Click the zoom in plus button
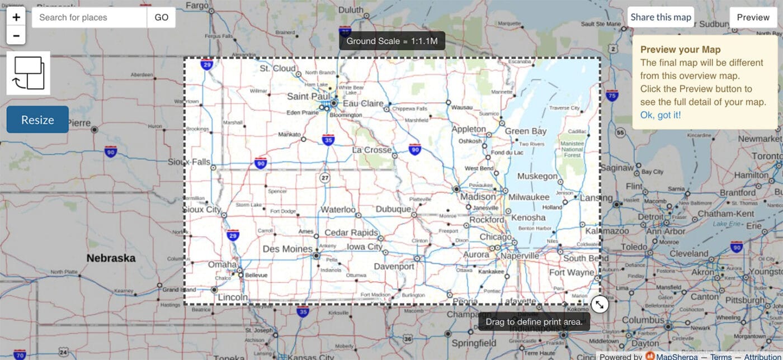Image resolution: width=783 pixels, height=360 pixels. [x=16, y=17]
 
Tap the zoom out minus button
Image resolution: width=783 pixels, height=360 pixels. [x=16, y=36]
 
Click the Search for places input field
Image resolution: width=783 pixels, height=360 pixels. [x=89, y=17]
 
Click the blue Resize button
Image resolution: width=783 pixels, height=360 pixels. [x=37, y=120]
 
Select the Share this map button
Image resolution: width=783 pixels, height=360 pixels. [x=661, y=17]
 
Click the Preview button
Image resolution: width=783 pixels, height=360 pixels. [x=753, y=17]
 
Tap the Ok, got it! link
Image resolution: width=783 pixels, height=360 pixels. [x=661, y=115]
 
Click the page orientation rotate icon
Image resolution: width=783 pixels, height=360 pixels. [x=29, y=73]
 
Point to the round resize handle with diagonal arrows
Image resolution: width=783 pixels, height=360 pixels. [x=599, y=305]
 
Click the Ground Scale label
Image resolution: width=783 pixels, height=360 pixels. [x=392, y=41]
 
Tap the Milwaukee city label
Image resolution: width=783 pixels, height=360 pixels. [x=529, y=197]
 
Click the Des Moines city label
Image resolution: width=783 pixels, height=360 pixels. [x=287, y=249]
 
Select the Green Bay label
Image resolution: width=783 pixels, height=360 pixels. [x=526, y=131]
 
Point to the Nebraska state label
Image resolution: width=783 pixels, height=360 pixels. [x=111, y=258]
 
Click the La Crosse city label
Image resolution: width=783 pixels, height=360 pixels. [x=372, y=150]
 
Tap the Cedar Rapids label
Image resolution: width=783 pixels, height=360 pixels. [x=351, y=233]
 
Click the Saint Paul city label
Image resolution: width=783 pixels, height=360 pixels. [x=309, y=97]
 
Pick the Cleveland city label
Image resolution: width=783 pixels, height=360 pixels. [x=688, y=253]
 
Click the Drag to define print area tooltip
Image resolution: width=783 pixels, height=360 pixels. [x=534, y=322]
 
